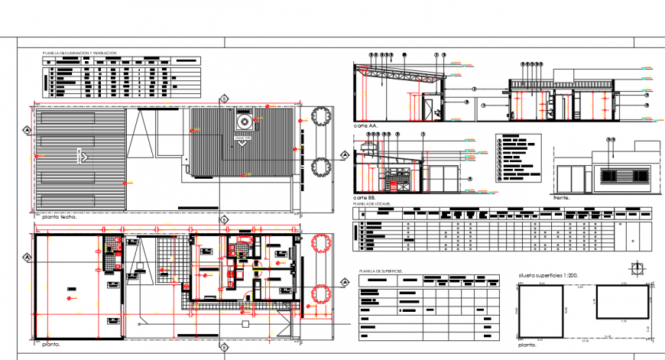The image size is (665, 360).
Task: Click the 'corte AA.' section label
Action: click(x=365, y=125)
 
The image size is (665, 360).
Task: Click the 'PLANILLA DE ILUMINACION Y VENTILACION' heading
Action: click(x=79, y=53)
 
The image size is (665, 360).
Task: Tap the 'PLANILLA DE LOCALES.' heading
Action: click(x=371, y=205)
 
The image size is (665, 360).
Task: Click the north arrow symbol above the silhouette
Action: click(x=637, y=268)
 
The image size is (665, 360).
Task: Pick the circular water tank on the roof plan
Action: click(x=244, y=121)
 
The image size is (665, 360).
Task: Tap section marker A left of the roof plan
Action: click(x=28, y=131)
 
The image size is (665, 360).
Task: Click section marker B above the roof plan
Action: click(x=223, y=98)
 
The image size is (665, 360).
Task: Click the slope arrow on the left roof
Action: click(x=83, y=157)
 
